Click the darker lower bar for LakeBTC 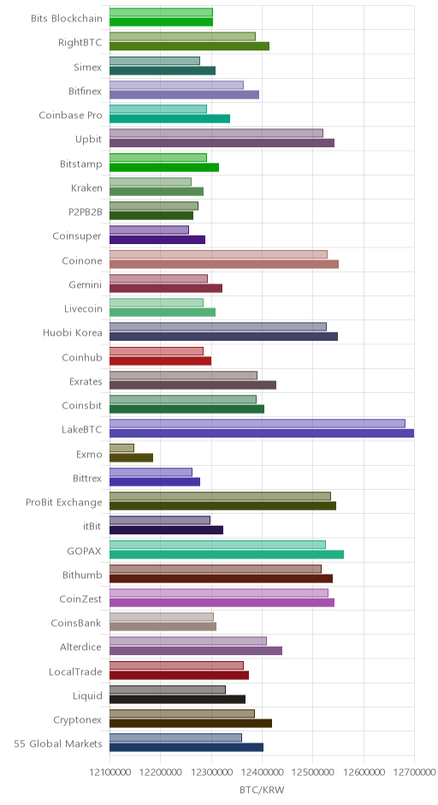click(x=262, y=433)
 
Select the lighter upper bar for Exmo click(x=121, y=448)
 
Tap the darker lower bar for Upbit click(x=222, y=143)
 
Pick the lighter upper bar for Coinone click(x=218, y=254)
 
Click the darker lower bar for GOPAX click(x=227, y=554)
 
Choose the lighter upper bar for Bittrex click(x=151, y=473)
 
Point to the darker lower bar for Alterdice click(x=196, y=651)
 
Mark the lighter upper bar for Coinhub click(x=157, y=351)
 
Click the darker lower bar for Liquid click(x=177, y=700)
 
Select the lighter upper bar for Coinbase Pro click(x=158, y=110)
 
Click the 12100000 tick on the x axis click(x=109, y=772)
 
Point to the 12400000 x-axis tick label click(x=262, y=772)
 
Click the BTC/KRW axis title click(x=262, y=790)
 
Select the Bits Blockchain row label click(x=67, y=19)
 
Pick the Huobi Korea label click(x=73, y=332)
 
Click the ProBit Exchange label click(x=64, y=502)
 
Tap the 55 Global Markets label click(x=58, y=744)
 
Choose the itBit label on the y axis click(x=92, y=526)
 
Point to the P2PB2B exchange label click(x=86, y=212)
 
